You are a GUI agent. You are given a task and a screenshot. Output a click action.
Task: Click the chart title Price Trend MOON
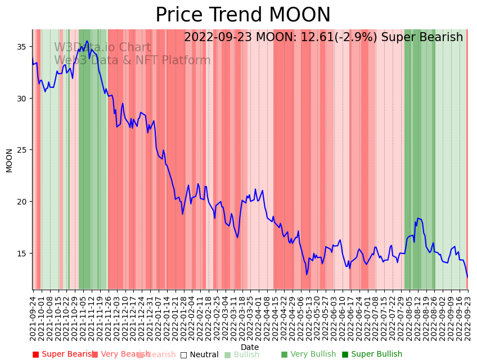pyautogui.click(x=243, y=15)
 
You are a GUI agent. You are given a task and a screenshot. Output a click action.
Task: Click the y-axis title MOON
pyautogui.click(x=10, y=160)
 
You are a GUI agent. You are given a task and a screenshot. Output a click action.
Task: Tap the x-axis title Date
pyautogui.click(x=250, y=348)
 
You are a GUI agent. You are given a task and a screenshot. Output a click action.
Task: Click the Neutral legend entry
pyautogui.click(x=200, y=355)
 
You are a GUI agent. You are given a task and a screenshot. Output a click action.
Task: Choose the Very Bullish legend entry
pyautogui.click(x=308, y=354)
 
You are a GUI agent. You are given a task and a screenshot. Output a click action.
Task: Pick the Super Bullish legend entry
pyautogui.click(x=372, y=354)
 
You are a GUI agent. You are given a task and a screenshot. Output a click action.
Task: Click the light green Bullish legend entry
pyautogui.click(x=242, y=355)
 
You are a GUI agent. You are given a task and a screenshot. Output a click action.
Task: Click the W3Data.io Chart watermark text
pyautogui.click(x=102, y=48)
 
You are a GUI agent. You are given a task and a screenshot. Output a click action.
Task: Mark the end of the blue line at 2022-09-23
pyautogui.click(x=467, y=277)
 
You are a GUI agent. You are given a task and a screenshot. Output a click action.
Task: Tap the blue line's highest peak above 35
pyautogui.click(x=87, y=41)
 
